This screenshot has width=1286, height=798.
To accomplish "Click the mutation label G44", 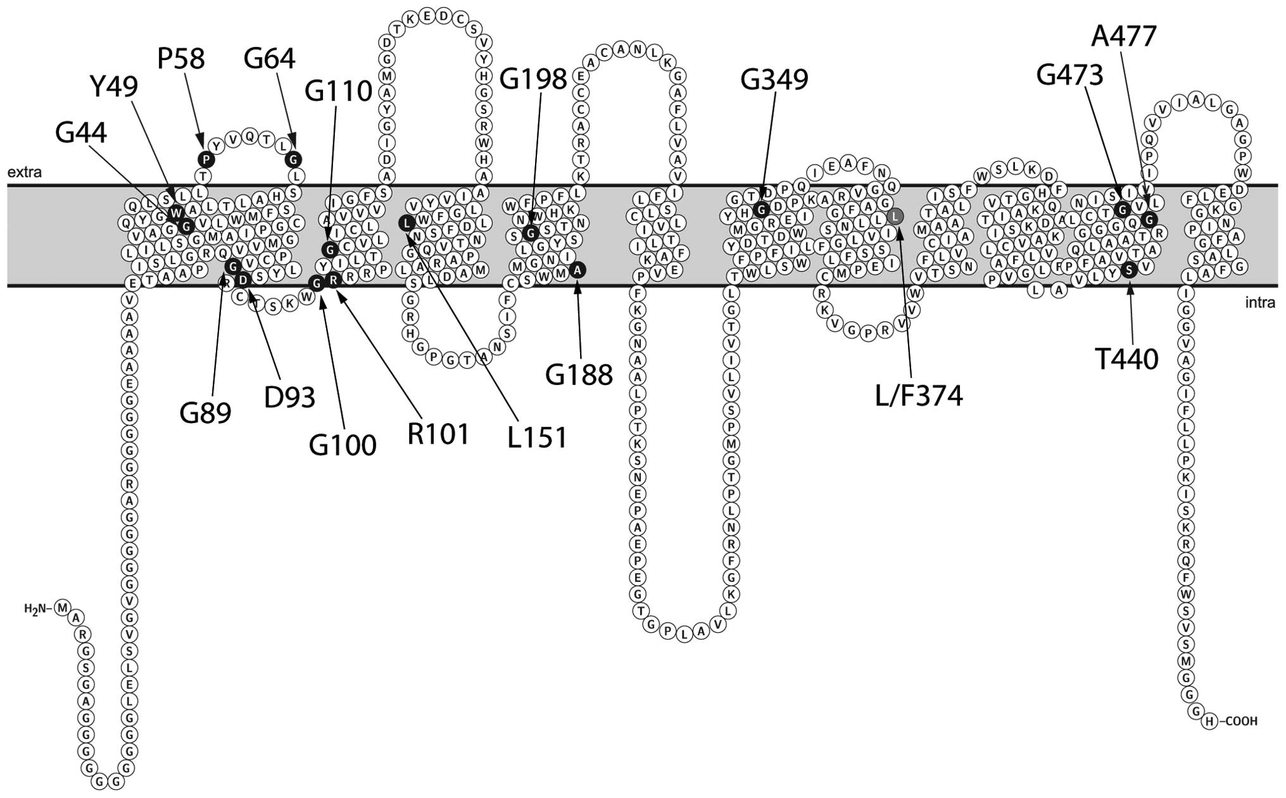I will point(81,133).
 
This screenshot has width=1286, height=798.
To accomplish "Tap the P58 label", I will point(181,59).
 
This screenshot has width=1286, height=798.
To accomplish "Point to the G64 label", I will point(270,59).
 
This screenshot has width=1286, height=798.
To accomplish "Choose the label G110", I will point(338,91).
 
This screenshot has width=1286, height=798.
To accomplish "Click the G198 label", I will point(533,79).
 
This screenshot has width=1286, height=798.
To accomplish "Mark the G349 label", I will point(774,80).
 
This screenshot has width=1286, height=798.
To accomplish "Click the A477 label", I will point(1124,37).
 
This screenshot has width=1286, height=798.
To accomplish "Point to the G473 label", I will point(1070,75).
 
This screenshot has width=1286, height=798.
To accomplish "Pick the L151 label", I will point(537,438).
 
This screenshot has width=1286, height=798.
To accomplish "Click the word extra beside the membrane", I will point(24,172).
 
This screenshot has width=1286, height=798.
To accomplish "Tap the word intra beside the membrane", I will point(1260,303).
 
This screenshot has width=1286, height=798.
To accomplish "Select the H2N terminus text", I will point(35,609).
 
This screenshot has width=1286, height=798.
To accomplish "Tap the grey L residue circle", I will point(895,217).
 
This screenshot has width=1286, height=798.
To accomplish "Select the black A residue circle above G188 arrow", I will point(577,270).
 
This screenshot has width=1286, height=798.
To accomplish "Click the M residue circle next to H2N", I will point(62,608).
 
